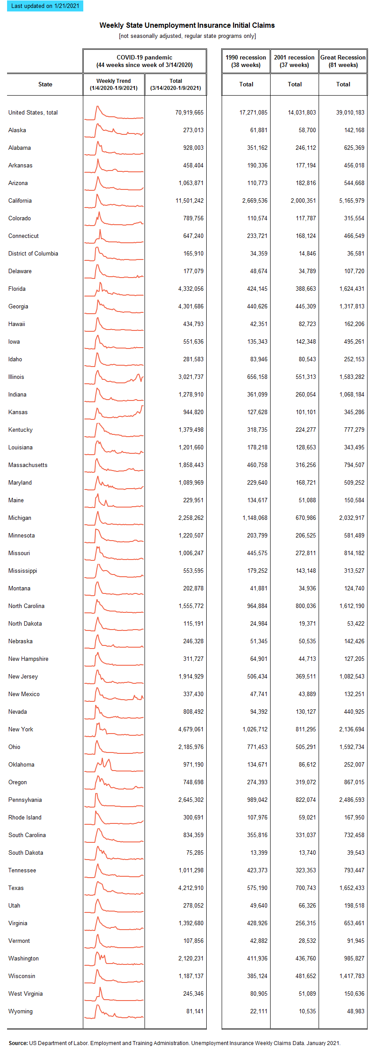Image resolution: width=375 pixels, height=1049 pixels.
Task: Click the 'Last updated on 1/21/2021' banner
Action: coord(45,6)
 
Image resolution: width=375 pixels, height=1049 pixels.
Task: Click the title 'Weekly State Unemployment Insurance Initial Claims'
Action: coord(187,25)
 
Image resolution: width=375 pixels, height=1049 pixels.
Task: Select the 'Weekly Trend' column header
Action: coord(114,84)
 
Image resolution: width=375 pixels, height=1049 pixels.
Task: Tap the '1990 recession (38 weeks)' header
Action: coord(246,61)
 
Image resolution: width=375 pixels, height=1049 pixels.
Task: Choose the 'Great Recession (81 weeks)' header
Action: coord(343,61)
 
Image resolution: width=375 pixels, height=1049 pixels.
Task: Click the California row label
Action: coord(20,200)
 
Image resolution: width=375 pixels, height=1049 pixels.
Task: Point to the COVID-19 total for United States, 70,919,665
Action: coord(189,112)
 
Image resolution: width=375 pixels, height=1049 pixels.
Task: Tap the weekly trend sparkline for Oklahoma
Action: coord(114,765)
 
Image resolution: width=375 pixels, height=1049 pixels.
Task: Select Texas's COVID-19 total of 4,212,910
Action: coord(191,888)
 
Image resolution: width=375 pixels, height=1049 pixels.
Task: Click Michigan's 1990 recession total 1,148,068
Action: coord(255,518)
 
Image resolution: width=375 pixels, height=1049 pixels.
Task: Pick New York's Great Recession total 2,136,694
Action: coord(352,729)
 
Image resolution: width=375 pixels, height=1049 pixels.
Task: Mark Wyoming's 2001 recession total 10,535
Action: coord(307,1011)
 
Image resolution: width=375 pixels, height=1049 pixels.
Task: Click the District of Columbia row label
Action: coord(33,253)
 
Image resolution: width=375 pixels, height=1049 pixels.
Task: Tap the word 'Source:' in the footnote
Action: coord(18,1043)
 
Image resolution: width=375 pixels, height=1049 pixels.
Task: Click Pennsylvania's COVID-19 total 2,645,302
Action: coord(191,800)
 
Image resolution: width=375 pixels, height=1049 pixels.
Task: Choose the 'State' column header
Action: coord(45,84)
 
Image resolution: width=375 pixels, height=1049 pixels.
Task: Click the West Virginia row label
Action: coord(26,993)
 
